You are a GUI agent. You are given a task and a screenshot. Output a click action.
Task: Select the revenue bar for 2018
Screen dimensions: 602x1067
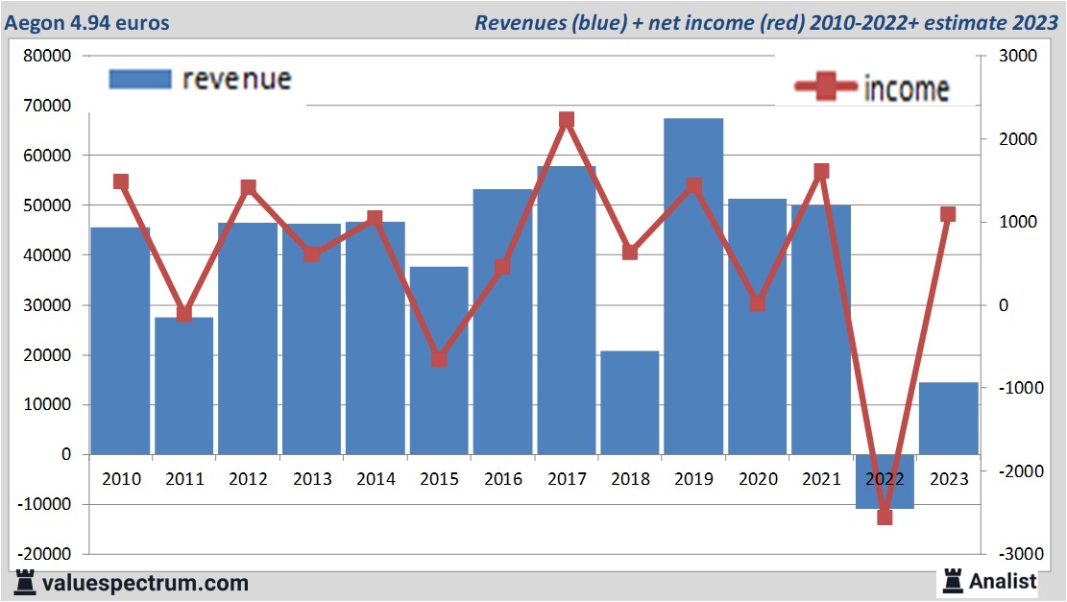630,402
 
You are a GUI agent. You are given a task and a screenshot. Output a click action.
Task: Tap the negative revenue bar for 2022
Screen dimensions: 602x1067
885,481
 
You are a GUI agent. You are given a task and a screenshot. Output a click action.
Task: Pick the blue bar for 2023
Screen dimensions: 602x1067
949,418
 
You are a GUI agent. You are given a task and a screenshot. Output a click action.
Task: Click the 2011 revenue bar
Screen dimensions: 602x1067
183,385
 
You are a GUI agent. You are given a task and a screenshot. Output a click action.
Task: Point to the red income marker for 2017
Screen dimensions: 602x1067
566,120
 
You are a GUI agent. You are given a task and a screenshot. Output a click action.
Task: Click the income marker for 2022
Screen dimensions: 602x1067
885,517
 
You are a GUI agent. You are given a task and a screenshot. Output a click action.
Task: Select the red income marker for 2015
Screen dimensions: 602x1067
439,359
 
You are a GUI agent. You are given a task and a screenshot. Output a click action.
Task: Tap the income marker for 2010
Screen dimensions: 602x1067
121,181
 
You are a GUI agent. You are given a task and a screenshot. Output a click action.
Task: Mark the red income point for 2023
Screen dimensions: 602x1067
948,214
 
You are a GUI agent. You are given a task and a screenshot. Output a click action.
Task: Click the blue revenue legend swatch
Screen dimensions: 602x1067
139,79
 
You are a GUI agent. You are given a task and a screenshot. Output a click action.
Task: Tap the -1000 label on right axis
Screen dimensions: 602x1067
1017,388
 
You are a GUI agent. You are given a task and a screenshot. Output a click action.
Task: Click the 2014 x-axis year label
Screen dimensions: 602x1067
376,479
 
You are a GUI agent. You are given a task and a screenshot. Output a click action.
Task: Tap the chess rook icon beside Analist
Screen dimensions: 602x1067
953,580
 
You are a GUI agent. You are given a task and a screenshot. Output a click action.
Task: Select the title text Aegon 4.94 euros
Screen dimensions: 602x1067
87,22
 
